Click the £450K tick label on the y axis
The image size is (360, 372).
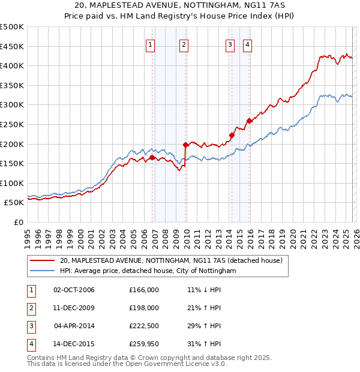(12, 46)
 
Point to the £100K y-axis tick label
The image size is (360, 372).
(12, 183)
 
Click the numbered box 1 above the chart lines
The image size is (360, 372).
(150, 44)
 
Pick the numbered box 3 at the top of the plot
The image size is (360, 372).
(230, 44)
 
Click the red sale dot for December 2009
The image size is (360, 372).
(186, 145)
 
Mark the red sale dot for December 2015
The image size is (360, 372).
(249, 121)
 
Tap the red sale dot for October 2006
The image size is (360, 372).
(152, 157)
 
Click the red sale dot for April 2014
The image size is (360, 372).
(232, 135)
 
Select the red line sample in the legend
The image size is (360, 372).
(43, 261)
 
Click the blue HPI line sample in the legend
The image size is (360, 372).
(43, 271)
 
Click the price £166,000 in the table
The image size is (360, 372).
(143, 290)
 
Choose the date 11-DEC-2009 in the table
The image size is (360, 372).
(74, 308)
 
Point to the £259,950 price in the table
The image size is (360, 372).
(143, 344)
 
